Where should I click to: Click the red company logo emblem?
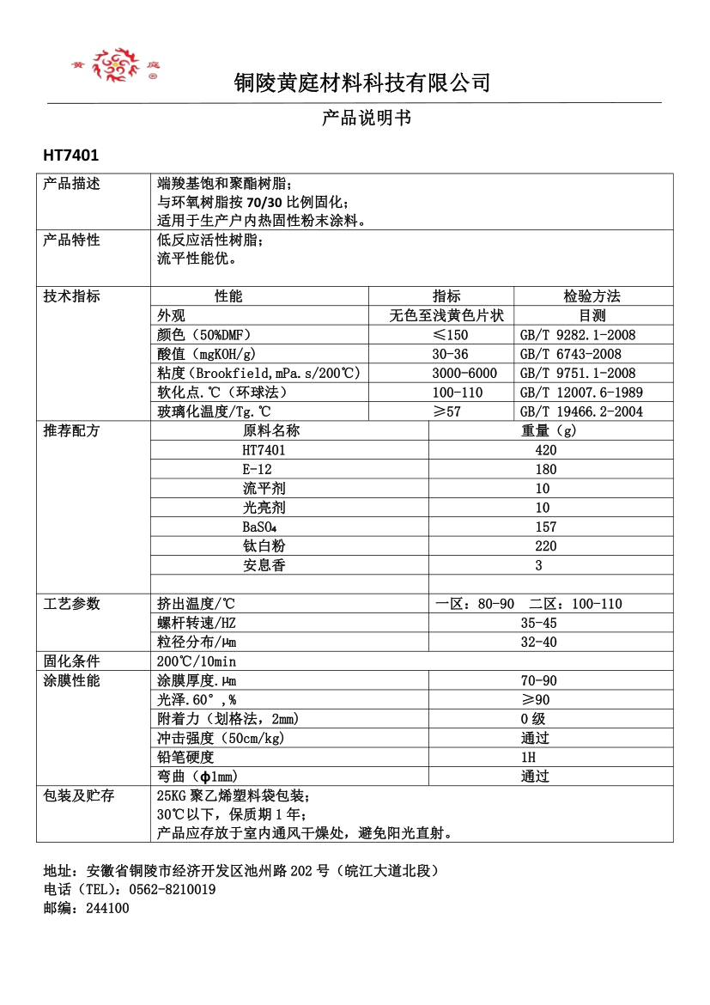(116, 64)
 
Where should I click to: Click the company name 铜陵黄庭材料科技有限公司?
(362, 83)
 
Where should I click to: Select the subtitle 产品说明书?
(367, 118)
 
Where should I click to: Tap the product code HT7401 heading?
(71, 155)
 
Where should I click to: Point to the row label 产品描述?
(71, 184)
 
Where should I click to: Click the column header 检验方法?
(592, 296)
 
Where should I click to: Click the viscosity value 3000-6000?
(464, 373)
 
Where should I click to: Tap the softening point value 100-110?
(458, 393)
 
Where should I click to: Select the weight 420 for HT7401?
(545, 450)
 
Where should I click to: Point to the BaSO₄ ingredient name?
(255, 527)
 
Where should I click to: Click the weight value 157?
(545, 527)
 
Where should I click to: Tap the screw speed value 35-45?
(538, 623)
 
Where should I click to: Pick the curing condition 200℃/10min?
(197, 661)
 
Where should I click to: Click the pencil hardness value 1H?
(528, 758)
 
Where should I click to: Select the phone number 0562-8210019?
(171, 890)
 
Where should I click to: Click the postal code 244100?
(107, 908)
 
